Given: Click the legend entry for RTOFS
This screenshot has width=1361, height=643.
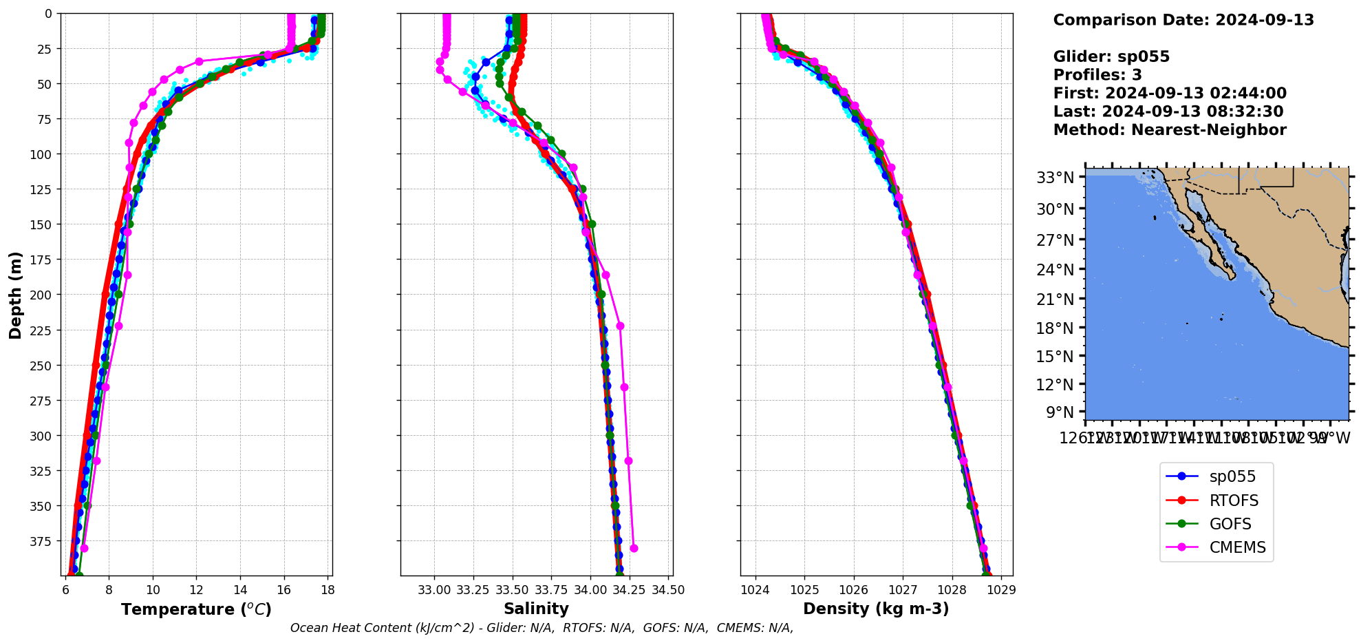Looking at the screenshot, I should pos(1233,500).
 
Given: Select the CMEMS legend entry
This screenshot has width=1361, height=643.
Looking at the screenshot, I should pos(1237,547).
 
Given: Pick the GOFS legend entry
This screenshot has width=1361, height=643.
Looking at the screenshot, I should pos(1230,524).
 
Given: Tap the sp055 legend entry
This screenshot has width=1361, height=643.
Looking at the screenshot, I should pos(1232,476).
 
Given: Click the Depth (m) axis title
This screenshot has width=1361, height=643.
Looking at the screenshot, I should pos(15,295).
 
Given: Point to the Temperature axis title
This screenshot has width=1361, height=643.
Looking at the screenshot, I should pos(196,609).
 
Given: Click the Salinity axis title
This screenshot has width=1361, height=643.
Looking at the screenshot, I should pos(536,609).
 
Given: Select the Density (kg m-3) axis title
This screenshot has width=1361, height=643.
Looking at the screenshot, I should pos(876,609).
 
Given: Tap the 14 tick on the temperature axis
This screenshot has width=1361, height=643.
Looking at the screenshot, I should pos(240,590).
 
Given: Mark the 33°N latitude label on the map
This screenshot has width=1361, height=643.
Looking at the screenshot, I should pos(1055,178).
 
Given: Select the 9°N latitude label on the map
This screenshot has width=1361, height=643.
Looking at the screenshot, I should pos(1060,412).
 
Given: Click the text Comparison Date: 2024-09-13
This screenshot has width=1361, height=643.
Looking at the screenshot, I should pos(1183,20).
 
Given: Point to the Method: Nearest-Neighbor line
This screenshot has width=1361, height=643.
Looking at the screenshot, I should pos(1170,130).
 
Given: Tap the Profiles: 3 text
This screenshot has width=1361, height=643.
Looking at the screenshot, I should pos(1097,75).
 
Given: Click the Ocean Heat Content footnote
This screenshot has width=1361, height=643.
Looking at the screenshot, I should pos(542,628).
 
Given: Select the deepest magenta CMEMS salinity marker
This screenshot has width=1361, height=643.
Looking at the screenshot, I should pos(634,549).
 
